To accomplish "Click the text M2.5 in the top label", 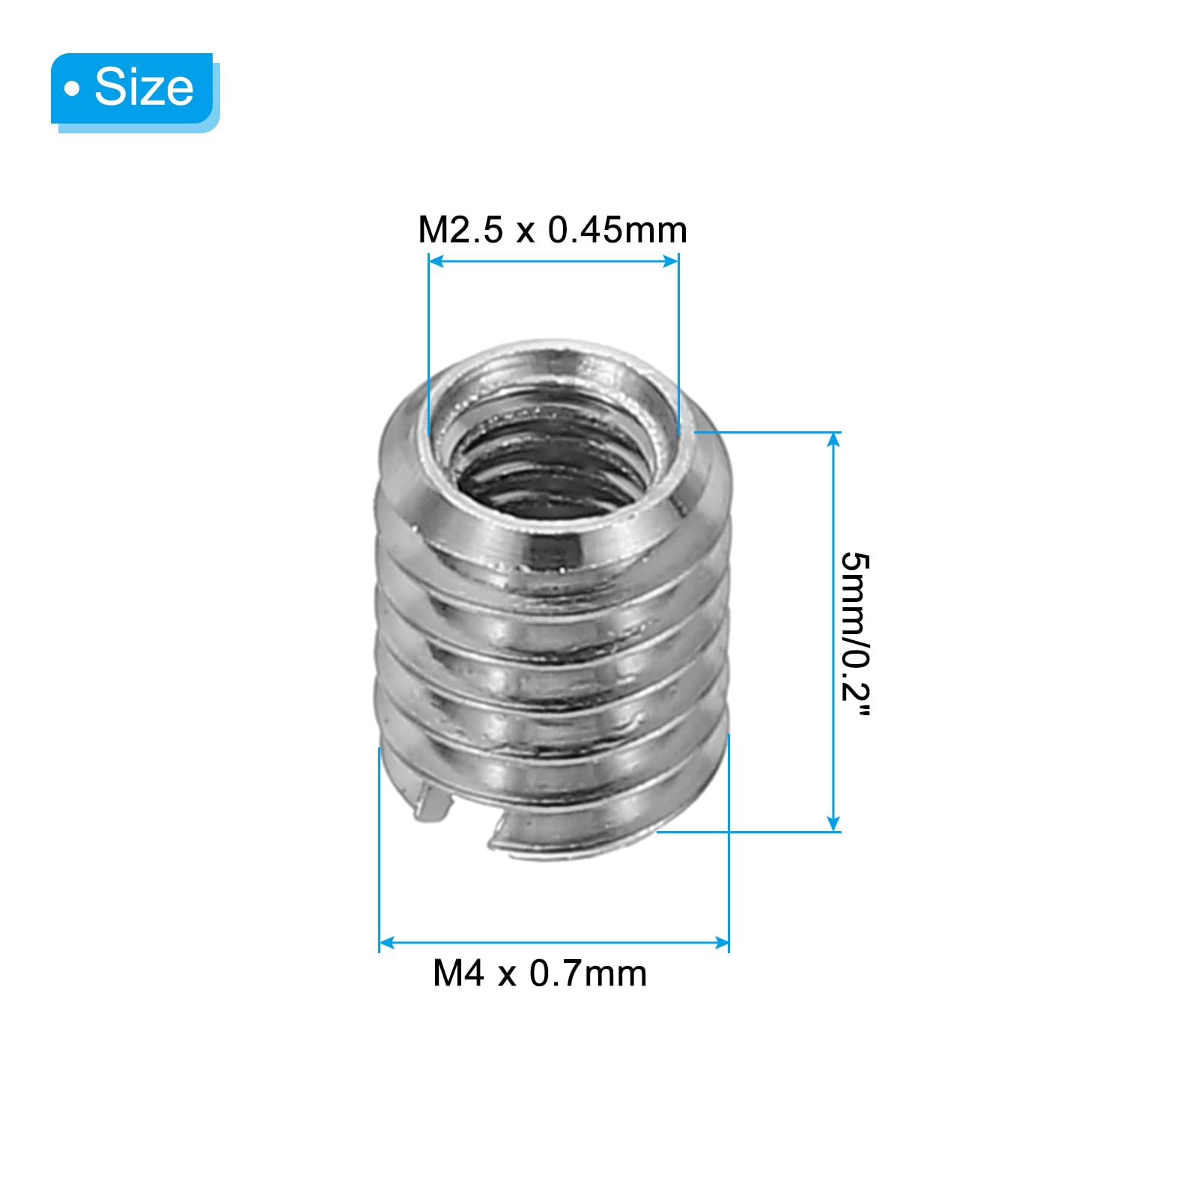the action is (460, 230).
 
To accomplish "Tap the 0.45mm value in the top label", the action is (617, 230).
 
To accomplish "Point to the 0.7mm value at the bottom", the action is (588, 973).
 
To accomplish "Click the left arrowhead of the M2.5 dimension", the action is (437, 261).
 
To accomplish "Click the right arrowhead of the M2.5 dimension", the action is (670, 261).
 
